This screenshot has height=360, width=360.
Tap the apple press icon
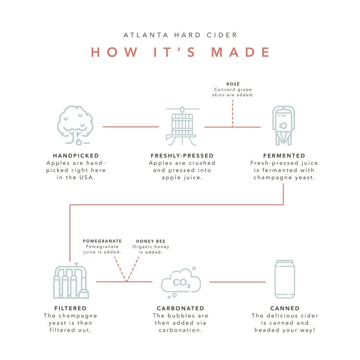pos(182,126)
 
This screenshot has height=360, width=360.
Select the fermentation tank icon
pos(284,125)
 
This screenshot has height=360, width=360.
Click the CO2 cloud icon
pos(180,281)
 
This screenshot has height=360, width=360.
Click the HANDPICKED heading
pos(76,156)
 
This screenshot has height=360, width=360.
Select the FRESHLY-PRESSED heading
pos(182,156)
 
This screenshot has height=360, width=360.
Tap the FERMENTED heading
pos(284,156)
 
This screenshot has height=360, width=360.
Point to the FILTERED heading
pos(70,308)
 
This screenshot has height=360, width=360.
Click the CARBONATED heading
pos(180,308)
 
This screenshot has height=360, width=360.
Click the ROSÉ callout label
pos(233,84)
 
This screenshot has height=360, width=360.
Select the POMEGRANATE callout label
pos(102,241)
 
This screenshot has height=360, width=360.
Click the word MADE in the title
pos(241,52)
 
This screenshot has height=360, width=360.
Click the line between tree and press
pos(131,127)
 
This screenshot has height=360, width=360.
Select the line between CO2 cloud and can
pos(237,282)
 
